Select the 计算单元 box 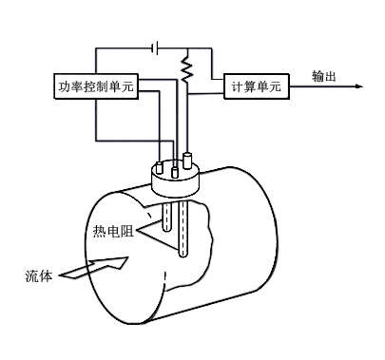coord(256,86)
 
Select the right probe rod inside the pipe coord(186,228)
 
